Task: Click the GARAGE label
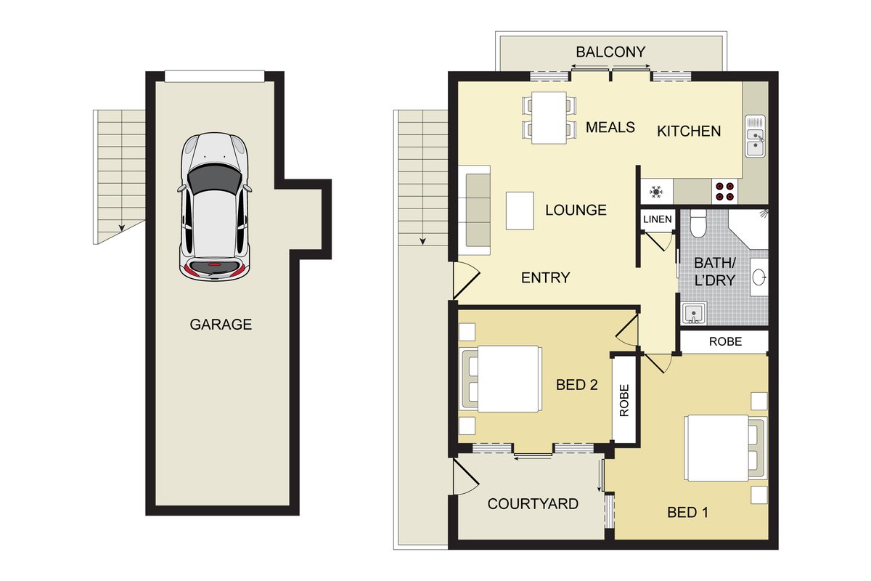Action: coord(221,324)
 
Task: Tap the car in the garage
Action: coord(214,207)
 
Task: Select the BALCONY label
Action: coord(610,52)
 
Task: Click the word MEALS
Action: coord(610,127)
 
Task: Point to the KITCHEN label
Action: coord(689,131)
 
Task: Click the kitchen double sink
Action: coord(755,137)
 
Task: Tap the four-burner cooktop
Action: coord(725,191)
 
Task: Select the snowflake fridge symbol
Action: coord(656,192)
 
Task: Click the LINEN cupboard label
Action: coord(657,219)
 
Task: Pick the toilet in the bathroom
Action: coord(698,223)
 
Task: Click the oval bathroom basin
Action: coord(759,277)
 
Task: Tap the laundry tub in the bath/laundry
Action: coord(694,313)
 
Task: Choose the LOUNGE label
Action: coord(576,210)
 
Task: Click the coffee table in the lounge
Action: coord(520,211)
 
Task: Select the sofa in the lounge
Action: coord(475,210)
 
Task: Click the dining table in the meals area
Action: coord(549,118)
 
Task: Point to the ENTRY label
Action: coord(545,277)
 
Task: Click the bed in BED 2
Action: coord(501,379)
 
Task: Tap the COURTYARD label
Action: coord(533,504)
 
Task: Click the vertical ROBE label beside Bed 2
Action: coord(623,400)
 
